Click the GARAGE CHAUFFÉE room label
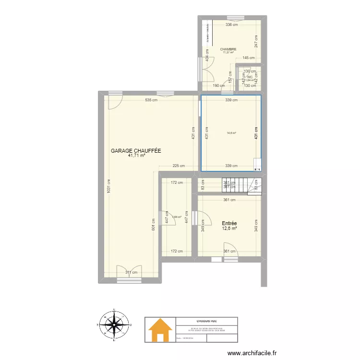tap(136, 151)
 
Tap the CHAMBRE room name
tap(228, 49)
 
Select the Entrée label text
tap(229, 223)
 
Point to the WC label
tap(250, 76)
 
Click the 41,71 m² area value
tap(136, 156)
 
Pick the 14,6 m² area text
tap(231, 133)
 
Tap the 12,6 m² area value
tap(229, 228)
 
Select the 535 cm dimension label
tap(151, 100)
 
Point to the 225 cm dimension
tap(179, 166)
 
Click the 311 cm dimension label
tap(131, 273)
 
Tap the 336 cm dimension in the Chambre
tap(232, 25)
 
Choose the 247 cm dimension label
tap(256, 41)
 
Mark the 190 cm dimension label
tap(219, 86)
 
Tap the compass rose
tap(115, 325)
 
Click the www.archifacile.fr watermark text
tap(252, 353)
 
